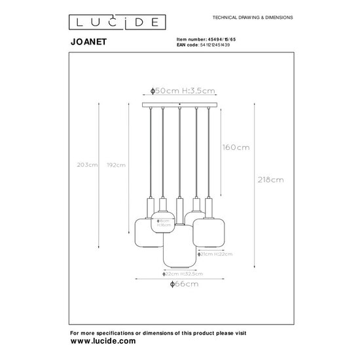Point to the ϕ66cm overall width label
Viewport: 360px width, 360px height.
click(x=181, y=285)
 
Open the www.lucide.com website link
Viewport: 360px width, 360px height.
click(x=103, y=341)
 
